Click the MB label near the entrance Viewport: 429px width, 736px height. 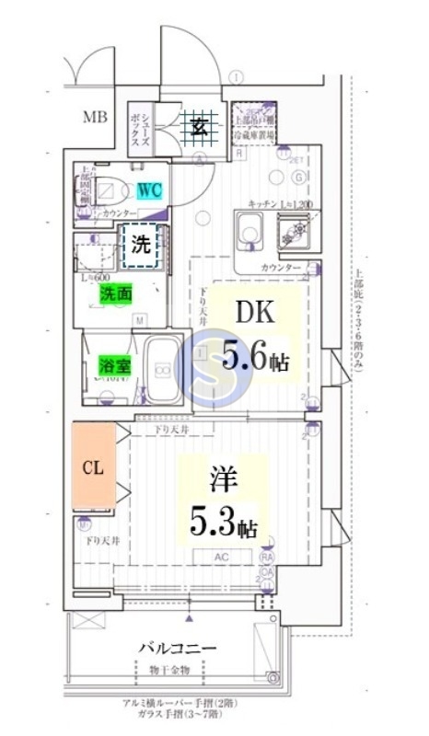[x=94, y=117]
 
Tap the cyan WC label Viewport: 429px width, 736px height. [x=150, y=190]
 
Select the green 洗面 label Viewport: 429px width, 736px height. [x=115, y=294]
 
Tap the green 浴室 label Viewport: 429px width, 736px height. [x=114, y=365]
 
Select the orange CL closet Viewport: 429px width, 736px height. [x=94, y=466]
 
